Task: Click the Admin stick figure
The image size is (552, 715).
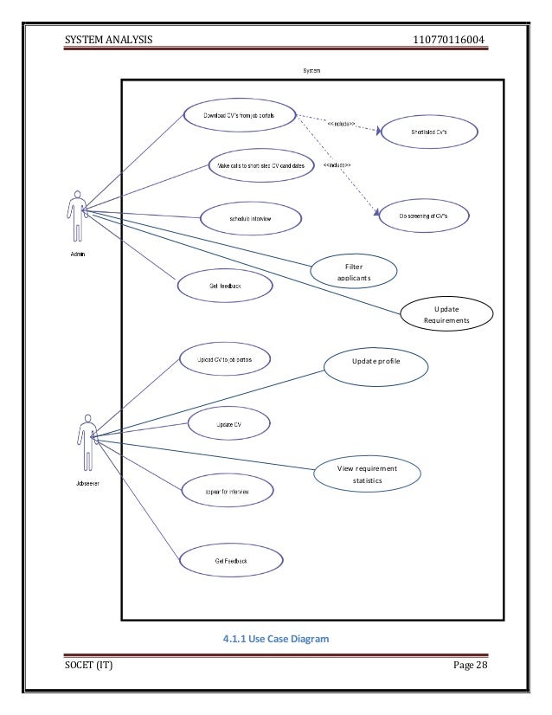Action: pyautogui.click(x=77, y=216)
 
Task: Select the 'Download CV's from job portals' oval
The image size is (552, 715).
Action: pyautogui.click(x=239, y=114)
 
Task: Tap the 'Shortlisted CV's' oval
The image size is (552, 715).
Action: pyautogui.click(x=429, y=132)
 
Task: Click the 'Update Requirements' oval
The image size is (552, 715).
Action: pyautogui.click(x=447, y=315)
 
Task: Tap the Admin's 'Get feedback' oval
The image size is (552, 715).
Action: pyautogui.click(x=224, y=284)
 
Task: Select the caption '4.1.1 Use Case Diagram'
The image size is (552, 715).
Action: pyautogui.click(x=276, y=640)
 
